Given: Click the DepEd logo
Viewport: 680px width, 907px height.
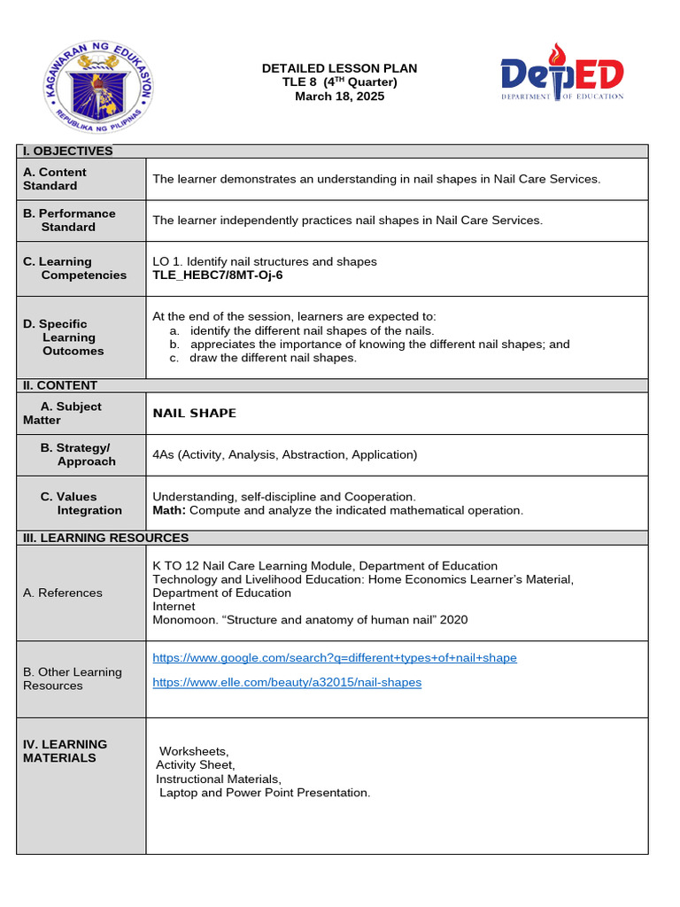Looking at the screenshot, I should point(561,75).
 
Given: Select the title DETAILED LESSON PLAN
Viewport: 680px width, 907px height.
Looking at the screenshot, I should point(339,68).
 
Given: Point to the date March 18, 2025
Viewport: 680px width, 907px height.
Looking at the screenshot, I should point(339,97).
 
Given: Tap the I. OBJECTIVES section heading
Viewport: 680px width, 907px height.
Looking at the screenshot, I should point(68,151).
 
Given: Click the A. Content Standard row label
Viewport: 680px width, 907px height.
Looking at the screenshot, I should point(55,179).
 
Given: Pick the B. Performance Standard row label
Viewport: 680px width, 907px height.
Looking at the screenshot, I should point(69,221).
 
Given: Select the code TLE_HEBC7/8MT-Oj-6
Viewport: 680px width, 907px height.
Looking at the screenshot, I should point(218,275).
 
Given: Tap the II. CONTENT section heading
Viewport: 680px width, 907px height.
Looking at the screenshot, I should point(60,385).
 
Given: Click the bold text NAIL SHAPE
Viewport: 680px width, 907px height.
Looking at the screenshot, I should point(195,414).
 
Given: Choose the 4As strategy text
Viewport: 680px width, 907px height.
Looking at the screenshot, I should point(284,455).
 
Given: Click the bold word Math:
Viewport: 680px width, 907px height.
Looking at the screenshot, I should point(169,510).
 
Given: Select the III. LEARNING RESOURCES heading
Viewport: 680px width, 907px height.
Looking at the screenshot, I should point(105,538).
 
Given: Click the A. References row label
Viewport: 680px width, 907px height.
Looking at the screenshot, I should point(63,593).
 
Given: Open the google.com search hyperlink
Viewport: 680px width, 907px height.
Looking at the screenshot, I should point(335,658).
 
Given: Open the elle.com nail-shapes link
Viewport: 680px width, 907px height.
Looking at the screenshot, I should point(287,682).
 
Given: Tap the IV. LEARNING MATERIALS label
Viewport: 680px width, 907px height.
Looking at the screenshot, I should point(66,751).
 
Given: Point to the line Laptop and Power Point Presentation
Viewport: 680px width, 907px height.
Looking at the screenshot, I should point(265,793).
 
